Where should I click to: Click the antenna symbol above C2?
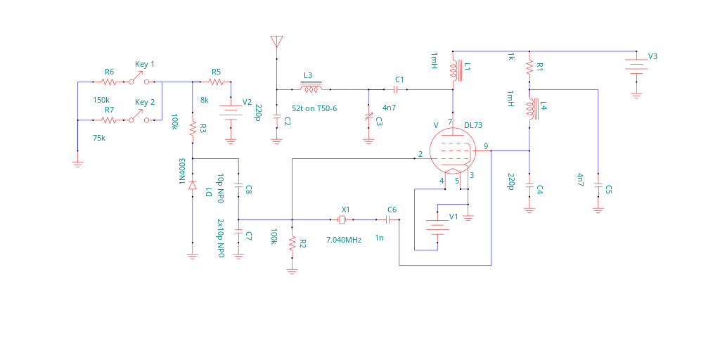coord(276,41)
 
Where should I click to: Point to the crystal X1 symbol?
coord(342,220)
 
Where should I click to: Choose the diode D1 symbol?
coord(193,185)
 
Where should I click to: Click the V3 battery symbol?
coord(636,67)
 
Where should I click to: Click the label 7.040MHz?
coord(344,240)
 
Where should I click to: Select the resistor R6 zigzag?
coord(108,82)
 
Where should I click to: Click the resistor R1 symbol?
coord(529,67)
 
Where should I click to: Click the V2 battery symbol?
coord(230,112)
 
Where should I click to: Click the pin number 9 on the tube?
coord(485,146)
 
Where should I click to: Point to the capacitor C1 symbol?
coord(396,89)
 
